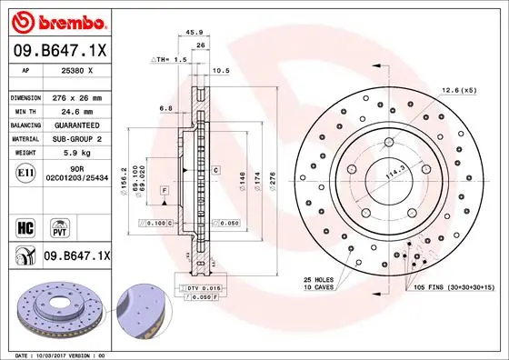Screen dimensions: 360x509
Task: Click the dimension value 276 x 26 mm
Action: [x=75, y=96]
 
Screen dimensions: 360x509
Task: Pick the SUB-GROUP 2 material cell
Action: [x=75, y=138]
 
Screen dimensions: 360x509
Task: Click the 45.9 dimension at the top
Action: [x=193, y=33]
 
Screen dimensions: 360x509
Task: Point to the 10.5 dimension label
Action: [x=220, y=70]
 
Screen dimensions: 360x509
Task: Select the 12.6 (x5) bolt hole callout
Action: [x=457, y=89]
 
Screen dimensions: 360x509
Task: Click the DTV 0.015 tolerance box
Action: [x=205, y=287]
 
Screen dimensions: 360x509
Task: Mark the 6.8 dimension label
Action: [x=165, y=108]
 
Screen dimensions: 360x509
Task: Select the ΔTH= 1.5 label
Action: [x=168, y=58]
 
